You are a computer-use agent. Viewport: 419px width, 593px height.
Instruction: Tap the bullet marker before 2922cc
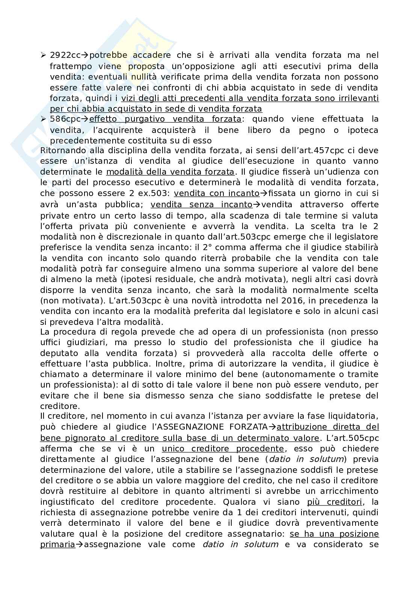point(43,55)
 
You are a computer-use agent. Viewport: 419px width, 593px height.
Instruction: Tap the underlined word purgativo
point(143,119)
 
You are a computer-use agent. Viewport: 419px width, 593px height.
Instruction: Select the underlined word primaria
point(57,545)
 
